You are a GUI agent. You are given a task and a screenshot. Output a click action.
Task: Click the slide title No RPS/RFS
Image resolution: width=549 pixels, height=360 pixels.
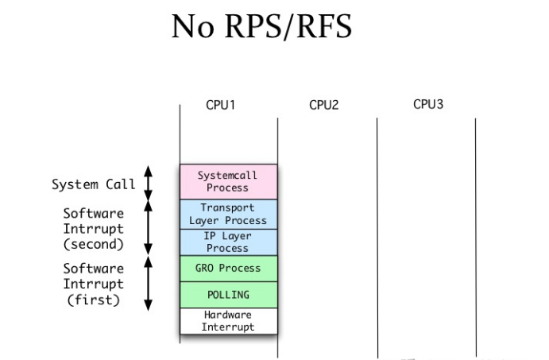click(261, 26)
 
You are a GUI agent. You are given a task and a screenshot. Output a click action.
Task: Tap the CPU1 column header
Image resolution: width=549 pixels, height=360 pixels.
click(220, 105)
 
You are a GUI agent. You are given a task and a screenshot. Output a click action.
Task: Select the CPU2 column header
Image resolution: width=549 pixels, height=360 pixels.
click(324, 105)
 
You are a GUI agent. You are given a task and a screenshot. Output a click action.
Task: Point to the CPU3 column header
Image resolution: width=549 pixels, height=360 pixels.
click(428, 104)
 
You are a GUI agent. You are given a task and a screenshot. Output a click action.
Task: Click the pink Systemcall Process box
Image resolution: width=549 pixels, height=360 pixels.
click(229, 182)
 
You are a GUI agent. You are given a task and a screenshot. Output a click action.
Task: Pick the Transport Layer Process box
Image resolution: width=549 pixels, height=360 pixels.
click(229, 215)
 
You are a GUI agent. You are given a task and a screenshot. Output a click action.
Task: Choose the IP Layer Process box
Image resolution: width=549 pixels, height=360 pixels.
click(229, 242)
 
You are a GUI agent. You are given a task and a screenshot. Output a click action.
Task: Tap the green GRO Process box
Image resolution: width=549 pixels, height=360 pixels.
click(229, 269)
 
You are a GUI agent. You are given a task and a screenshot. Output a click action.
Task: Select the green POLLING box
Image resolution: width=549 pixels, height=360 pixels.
click(229, 295)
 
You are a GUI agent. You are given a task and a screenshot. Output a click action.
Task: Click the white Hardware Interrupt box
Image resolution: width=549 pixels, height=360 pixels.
click(229, 321)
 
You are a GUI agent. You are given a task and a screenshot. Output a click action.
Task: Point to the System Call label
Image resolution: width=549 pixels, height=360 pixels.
click(94, 184)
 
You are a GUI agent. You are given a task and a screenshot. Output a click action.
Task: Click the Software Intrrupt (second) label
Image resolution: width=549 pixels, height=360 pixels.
click(94, 229)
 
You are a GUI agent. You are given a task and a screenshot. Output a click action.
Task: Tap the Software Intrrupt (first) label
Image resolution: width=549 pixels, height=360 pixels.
click(94, 284)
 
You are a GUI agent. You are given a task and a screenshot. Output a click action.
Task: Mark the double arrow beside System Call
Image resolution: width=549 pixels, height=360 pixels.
click(149, 183)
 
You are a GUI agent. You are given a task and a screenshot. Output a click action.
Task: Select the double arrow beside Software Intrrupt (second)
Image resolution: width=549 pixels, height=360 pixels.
click(149, 227)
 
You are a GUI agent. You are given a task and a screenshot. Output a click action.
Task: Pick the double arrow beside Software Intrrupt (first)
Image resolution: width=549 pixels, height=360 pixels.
click(149, 284)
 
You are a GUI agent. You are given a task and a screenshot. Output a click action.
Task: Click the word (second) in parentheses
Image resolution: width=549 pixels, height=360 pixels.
click(94, 244)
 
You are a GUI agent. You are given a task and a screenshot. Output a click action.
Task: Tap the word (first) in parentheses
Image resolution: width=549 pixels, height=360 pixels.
click(94, 300)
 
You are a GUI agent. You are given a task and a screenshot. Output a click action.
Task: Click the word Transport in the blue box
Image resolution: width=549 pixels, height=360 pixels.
click(227, 207)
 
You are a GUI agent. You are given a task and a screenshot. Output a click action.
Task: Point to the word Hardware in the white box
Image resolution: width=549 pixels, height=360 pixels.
click(227, 315)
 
